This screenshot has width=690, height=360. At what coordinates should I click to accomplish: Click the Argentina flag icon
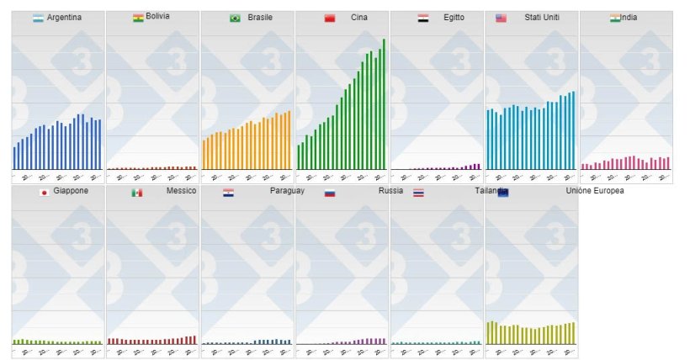pyautogui.click(x=38, y=18)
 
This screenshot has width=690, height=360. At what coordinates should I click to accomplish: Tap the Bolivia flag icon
pyautogui.click(x=138, y=18)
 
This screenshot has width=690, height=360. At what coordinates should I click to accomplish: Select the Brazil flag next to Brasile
pyautogui.click(x=235, y=18)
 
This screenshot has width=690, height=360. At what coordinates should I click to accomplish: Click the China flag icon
pyautogui.click(x=330, y=18)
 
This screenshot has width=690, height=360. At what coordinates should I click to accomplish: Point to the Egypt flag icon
pyautogui.click(x=423, y=18)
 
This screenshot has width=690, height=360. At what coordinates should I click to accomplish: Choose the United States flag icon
pyautogui.click(x=501, y=18)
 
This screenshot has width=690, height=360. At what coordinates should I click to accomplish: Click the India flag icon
pyautogui.click(x=615, y=18)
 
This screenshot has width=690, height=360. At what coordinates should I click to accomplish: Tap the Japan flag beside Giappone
pyautogui.click(x=43, y=193)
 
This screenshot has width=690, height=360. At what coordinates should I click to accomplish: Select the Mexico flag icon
pyautogui.click(x=136, y=193)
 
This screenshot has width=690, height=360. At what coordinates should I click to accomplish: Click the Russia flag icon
pyautogui.click(x=330, y=193)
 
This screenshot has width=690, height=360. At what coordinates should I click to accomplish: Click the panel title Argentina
pyautogui.click(x=65, y=18)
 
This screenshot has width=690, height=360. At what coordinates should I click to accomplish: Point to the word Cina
pyautogui.click(x=359, y=18)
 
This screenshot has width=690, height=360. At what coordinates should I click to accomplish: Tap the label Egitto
pyautogui.click(x=454, y=18)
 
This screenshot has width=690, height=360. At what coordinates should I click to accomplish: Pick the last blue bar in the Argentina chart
pyautogui.click(x=100, y=145)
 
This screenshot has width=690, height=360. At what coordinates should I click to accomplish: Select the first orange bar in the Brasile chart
pyautogui.click(x=204, y=155)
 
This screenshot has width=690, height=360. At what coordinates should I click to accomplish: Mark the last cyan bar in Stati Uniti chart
pyautogui.click(x=574, y=130)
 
